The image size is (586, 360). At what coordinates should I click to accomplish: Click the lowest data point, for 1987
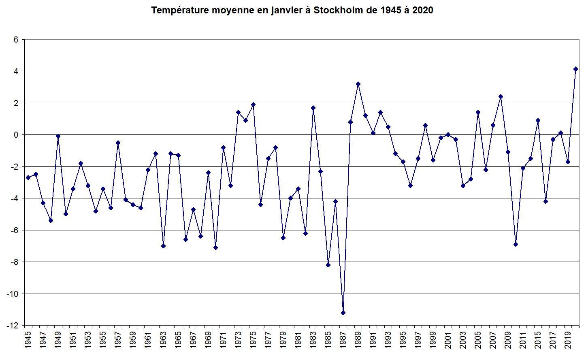click(343, 313)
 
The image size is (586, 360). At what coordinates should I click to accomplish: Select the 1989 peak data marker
click(358, 84)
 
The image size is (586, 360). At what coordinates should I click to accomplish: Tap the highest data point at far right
click(575, 69)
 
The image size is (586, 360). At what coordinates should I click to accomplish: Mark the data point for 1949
click(58, 136)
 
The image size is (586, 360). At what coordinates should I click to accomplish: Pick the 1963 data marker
click(163, 246)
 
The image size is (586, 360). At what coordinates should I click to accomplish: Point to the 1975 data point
click(253, 104)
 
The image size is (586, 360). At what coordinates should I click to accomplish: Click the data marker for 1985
click(328, 265)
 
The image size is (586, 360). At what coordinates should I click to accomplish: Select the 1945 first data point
click(28, 177)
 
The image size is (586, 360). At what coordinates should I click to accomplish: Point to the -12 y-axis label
click(13, 325)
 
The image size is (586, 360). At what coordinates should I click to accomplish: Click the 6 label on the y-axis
click(16, 40)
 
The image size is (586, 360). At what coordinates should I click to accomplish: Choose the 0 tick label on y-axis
click(16, 135)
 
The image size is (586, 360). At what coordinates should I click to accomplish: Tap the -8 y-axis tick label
click(14, 262)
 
